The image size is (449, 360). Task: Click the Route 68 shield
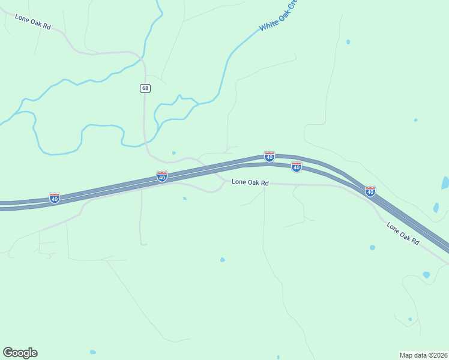(x=145, y=88)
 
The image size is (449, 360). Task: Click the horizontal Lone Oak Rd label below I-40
(x=249, y=182)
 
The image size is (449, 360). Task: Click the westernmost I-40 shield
(x=55, y=197)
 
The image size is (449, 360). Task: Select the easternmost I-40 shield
(x=370, y=191)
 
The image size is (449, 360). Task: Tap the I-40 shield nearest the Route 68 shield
(x=162, y=176)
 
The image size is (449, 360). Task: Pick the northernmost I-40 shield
(x=270, y=156)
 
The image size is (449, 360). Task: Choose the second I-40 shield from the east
(x=296, y=166)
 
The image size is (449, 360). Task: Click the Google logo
(x=20, y=353)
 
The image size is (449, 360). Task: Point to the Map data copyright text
(x=423, y=355)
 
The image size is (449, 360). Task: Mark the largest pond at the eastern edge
(x=445, y=183)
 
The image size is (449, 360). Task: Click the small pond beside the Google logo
(x=92, y=352)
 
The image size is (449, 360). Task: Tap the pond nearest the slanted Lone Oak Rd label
(x=373, y=247)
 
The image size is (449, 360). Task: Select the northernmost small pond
(x=348, y=42)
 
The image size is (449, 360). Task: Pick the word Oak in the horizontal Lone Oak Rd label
(x=251, y=182)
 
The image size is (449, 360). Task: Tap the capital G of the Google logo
(x=8, y=353)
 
